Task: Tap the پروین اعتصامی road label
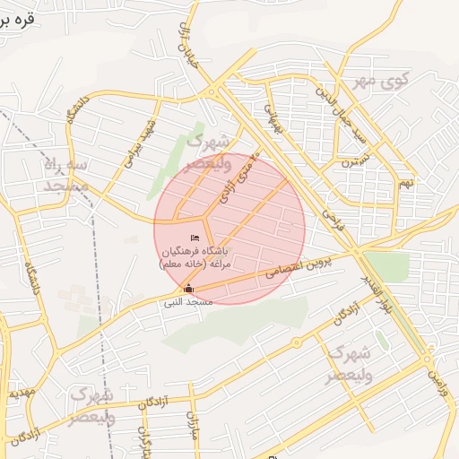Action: (x=297, y=267)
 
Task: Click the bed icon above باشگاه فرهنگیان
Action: (x=195, y=237)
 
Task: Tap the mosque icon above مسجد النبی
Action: (x=188, y=289)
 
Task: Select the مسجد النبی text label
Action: (x=188, y=303)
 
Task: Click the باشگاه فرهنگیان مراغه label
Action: (x=195, y=258)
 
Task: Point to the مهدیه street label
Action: (x=20, y=394)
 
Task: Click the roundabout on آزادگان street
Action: (x=297, y=342)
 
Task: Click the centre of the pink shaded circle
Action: (x=229, y=228)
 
